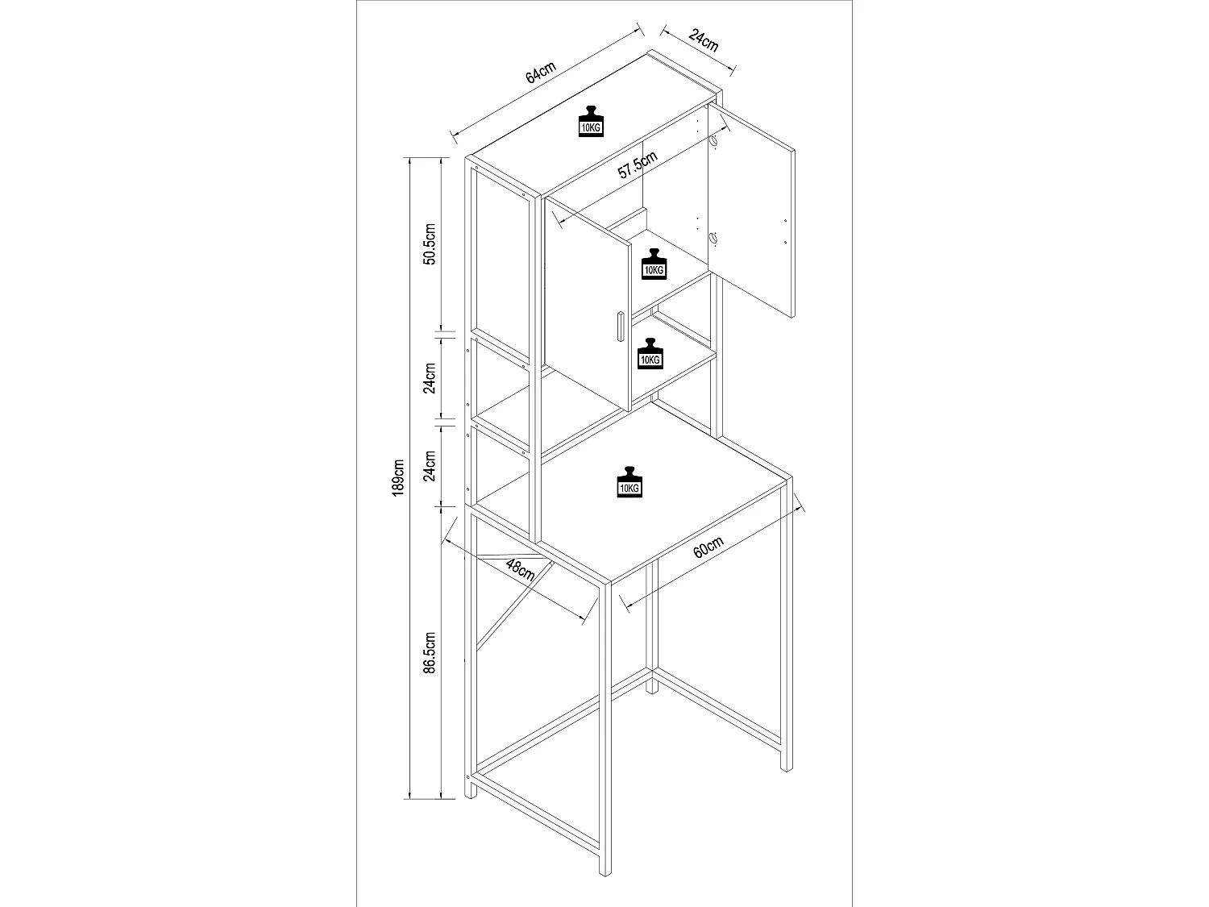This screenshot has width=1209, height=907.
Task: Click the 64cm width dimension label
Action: pyautogui.click(x=542, y=73)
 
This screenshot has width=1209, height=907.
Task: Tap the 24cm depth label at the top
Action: pyautogui.click(x=704, y=41)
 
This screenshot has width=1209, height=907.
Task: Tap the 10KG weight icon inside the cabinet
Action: pyautogui.click(x=653, y=264)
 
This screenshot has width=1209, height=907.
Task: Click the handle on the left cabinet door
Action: pyautogui.click(x=618, y=327)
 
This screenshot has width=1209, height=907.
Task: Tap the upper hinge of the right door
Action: pyautogui.click(x=713, y=144)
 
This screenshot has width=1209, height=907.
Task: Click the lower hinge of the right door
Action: pyautogui.click(x=713, y=238)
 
